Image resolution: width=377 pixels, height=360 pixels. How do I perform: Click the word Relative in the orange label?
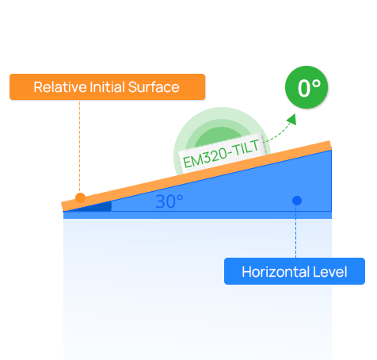[60, 87]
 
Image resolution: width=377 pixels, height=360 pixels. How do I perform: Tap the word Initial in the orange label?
[107, 87]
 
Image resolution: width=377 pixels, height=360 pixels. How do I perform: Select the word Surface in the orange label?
[154, 87]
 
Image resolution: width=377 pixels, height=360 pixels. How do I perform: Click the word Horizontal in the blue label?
[276, 272]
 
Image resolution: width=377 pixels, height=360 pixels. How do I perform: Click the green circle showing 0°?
[307, 87]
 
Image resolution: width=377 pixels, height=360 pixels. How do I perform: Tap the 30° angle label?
[169, 201]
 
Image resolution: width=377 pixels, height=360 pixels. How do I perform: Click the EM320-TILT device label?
[221, 154]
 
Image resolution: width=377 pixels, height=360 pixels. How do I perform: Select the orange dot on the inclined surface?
[80, 197]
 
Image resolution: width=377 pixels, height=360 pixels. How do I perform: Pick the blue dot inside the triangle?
[297, 201]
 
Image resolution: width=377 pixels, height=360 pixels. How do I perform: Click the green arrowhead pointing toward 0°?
[292, 119]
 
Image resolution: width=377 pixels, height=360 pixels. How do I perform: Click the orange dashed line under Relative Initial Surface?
[79, 146]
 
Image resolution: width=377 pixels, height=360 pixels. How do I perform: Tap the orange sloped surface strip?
[196, 175]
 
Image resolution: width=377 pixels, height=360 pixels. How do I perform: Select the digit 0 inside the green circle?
[304, 89]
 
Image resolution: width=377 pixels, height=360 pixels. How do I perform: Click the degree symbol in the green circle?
[316, 84]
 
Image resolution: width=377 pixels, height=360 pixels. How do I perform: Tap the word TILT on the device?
[246, 148]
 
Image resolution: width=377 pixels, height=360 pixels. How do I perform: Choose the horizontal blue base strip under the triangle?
[197, 215]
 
